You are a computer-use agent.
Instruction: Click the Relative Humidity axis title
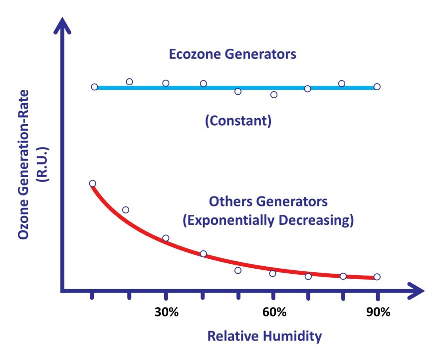(x=264, y=336)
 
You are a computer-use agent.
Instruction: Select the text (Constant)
(x=238, y=121)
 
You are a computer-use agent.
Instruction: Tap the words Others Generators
(x=268, y=202)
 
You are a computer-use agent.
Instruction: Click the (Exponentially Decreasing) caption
(x=268, y=220)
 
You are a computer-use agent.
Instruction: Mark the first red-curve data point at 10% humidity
(x=92, y=183)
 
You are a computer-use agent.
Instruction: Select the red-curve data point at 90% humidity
(x=377, y=277)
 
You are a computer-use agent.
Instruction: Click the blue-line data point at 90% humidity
(x=377, y=87)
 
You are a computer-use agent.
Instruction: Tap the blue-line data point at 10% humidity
(x=94, y=87)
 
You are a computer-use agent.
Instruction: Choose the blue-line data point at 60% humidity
(x=273, y=94)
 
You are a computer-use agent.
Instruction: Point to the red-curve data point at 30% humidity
(x=166, y=238)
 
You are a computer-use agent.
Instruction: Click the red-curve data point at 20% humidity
(x=126, y=210)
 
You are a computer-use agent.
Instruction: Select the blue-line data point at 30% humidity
(x=166, y=83)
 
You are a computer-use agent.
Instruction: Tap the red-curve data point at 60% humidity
(x=272, y=273)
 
